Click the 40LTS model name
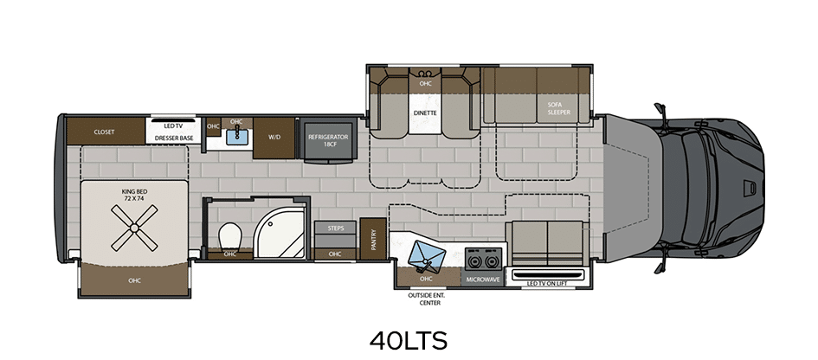[409, 341]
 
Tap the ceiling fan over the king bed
[134, 228]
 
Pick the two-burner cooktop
[483, 259]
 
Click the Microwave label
[483, 280]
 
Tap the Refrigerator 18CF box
[328, 140]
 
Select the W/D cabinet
[274, 138]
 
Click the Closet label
[105, 132]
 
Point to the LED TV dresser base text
[174, 132]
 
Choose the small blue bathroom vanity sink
[236, 137]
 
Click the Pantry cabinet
[373, 239]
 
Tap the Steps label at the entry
[336, 228]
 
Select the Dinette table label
[425, 112]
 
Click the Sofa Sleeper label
[558, 108]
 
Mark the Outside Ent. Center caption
[426, 299]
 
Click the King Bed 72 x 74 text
[132, 195]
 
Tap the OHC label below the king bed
[134, 280]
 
